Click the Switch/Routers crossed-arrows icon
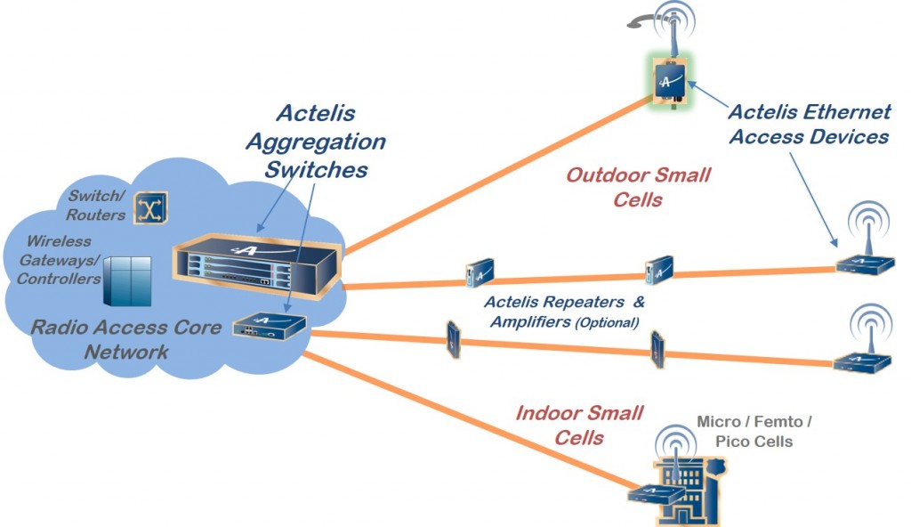click(151, 207)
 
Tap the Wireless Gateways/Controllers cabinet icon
click(127, 281)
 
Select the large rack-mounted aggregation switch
click(257, 265)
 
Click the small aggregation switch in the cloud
click(270, 327)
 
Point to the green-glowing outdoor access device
click(670, 81)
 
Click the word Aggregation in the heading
click(316, 142)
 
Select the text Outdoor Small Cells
click(638, 187)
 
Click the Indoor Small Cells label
click(579, 426)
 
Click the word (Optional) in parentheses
click(607, 323)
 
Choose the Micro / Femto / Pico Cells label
click(754, 432)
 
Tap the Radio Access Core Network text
click(126, 340)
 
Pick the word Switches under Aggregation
click(316, 170)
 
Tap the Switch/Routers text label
click(96, 206)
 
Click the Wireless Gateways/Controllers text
click(59, 260)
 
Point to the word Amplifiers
click(530, 321)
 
